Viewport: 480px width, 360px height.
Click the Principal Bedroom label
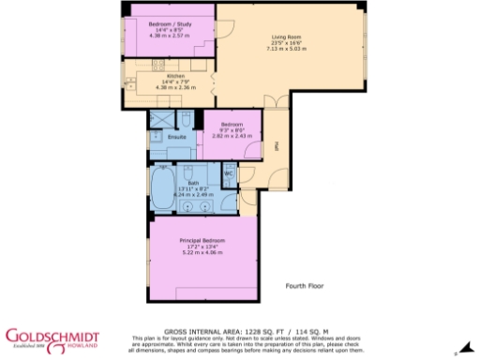coord(202,241)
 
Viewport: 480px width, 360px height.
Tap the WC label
coord(228,174)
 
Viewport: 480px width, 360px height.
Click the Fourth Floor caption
coord(305,285)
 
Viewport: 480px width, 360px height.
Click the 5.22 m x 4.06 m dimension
coord(202,252)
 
